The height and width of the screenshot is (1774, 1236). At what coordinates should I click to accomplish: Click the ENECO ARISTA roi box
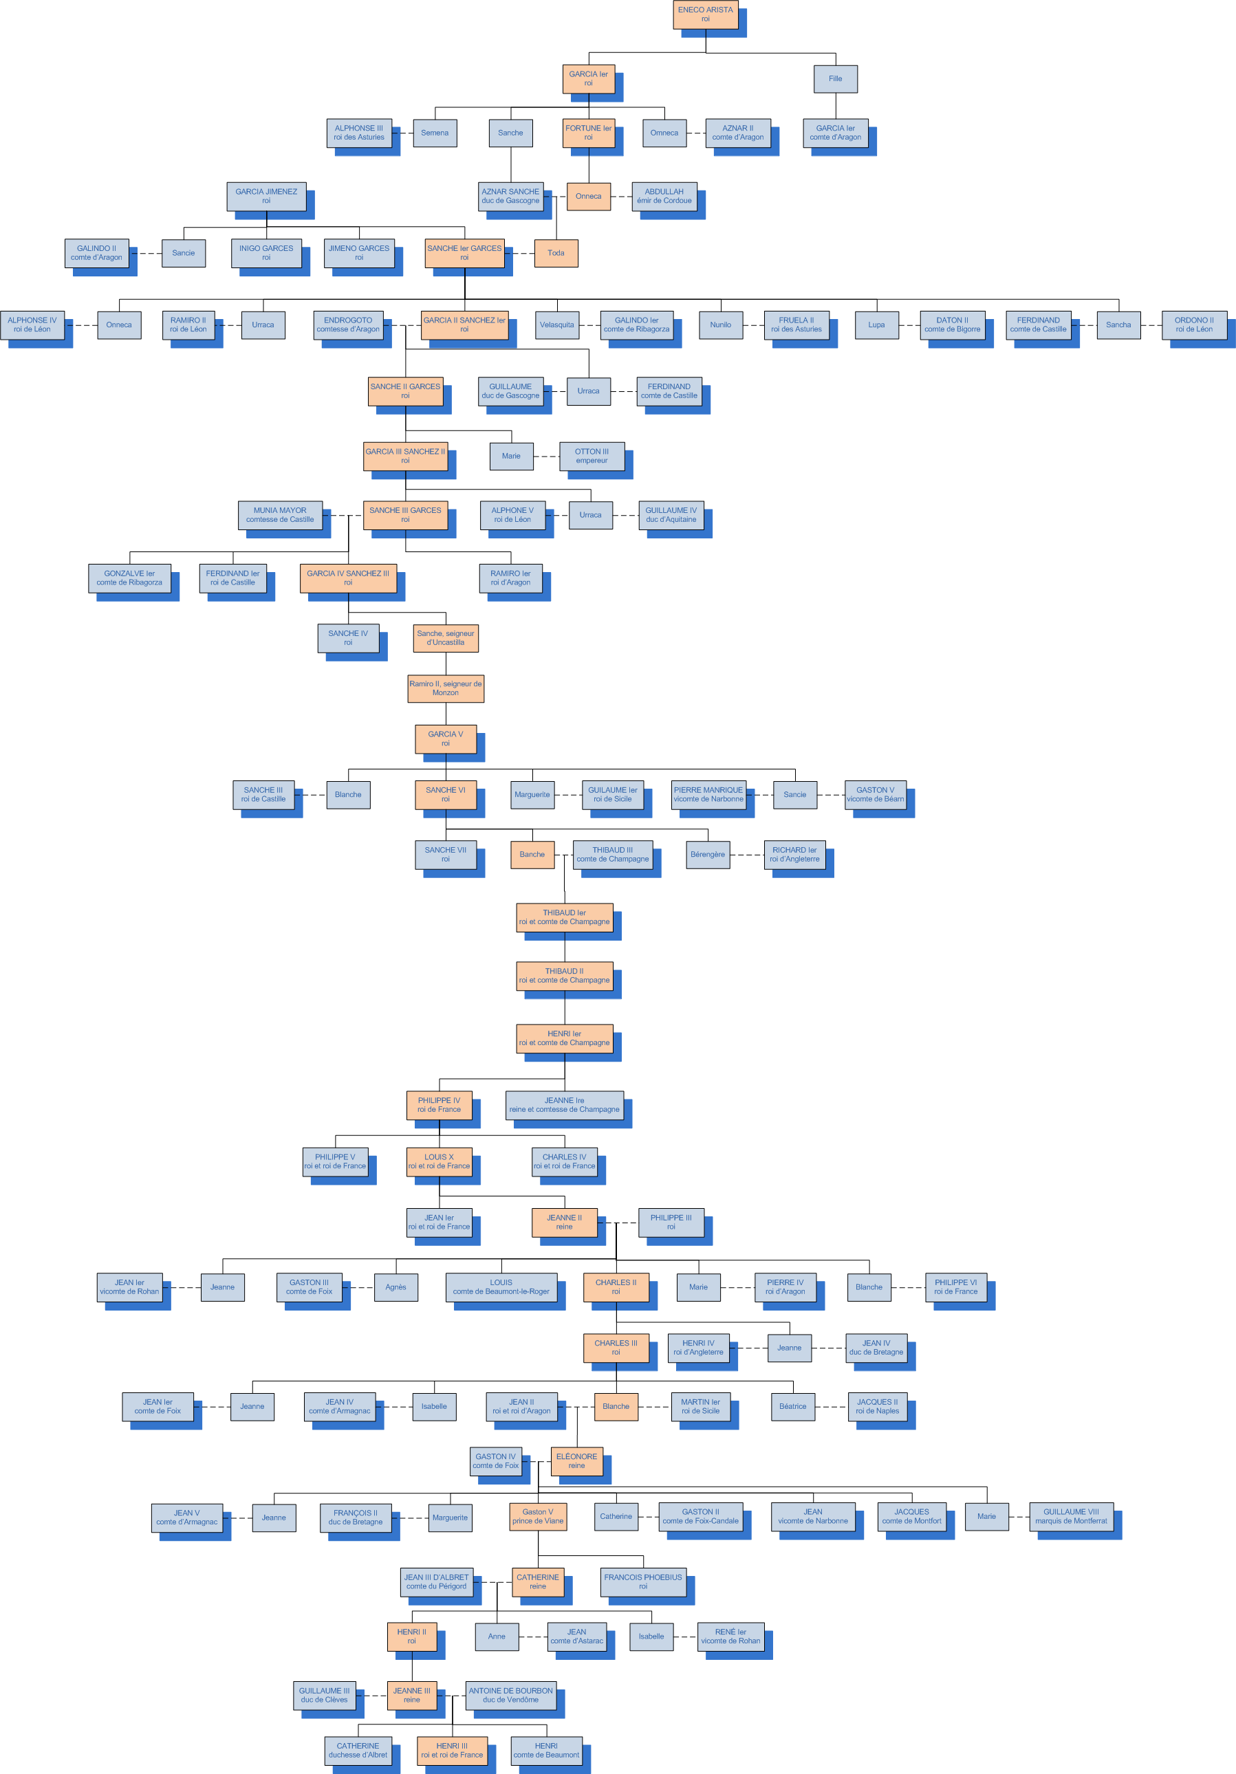(705, 14)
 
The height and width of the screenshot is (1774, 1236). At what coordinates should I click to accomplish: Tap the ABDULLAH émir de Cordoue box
(664, 196)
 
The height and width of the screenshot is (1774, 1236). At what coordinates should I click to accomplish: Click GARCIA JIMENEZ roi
(266, 196)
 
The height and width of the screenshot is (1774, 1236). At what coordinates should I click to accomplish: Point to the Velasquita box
(556, 325)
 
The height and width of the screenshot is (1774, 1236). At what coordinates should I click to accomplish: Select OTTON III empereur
(592, 456)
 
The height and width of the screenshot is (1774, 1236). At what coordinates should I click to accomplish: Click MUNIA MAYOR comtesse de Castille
(280, 514)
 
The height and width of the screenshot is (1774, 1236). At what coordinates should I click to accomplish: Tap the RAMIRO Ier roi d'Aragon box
(510, 578)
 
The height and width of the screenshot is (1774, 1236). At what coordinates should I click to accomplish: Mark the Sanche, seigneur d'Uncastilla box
(445, 638)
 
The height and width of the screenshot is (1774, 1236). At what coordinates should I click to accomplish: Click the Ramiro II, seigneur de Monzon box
(445, 688)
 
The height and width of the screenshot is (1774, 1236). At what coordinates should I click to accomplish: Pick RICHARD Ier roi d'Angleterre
(794, 855)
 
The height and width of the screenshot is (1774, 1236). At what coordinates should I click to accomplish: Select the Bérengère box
(707, 855)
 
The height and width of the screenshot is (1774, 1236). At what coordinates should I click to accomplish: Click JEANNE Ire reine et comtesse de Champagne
(564, 1105)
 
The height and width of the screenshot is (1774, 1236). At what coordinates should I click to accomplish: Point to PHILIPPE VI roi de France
(955, 1287)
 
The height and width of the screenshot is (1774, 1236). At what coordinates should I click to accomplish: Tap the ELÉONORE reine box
(576, 1461)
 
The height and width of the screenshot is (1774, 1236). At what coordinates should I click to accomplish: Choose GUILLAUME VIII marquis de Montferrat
(1071, 1517)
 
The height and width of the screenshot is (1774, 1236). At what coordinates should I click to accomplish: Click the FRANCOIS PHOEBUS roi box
(642, 1581)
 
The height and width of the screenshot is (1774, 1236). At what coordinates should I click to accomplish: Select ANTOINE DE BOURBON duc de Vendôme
(510, 1695)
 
